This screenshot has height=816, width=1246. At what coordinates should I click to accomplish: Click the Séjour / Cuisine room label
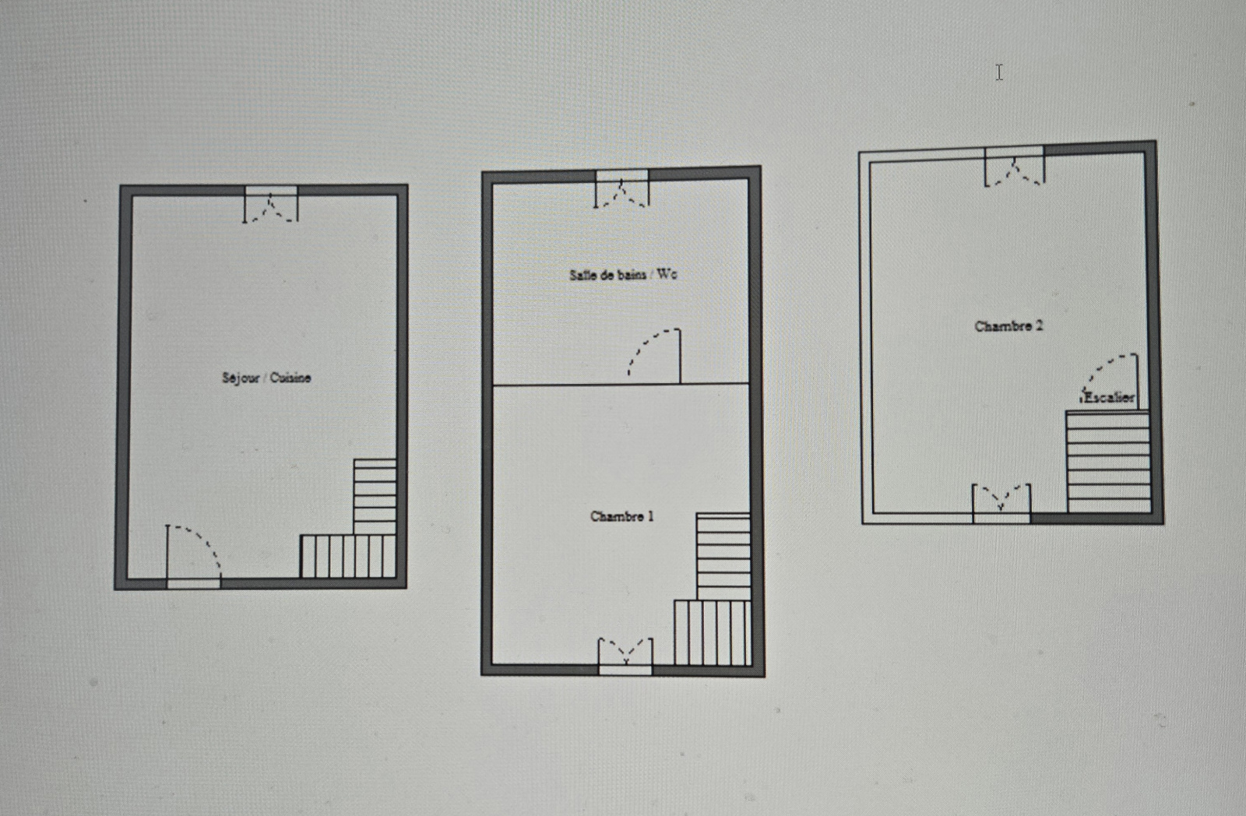point(266,378)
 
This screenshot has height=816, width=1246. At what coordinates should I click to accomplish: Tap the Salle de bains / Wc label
point(623,274)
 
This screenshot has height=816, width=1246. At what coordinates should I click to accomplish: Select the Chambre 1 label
point(622,516)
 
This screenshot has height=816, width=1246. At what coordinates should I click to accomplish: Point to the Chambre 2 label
point(1008,326)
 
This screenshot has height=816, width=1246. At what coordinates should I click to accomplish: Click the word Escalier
point(1109,397)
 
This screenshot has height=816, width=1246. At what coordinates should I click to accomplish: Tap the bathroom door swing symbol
point(654,356)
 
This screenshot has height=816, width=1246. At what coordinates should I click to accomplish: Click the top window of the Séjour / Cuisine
point(271,204)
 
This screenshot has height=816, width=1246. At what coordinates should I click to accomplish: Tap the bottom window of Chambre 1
point(625,656)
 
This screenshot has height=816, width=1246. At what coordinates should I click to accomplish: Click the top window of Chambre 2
point(1015,166)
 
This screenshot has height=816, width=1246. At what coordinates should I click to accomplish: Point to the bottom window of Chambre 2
point(1001,504)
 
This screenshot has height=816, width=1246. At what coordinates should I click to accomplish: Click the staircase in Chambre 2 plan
point(1108,462)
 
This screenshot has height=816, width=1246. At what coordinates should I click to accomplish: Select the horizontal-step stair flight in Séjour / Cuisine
point(375,497)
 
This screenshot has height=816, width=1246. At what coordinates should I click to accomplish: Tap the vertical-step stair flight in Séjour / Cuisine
point(348,556)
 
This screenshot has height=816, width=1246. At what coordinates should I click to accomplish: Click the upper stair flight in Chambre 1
point(723,556)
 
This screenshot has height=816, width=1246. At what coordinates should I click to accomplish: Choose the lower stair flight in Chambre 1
point(713,632)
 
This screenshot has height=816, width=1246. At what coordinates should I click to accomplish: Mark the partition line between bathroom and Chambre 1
point(621,385)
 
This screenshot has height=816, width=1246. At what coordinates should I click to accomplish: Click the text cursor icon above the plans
point(999,73)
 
